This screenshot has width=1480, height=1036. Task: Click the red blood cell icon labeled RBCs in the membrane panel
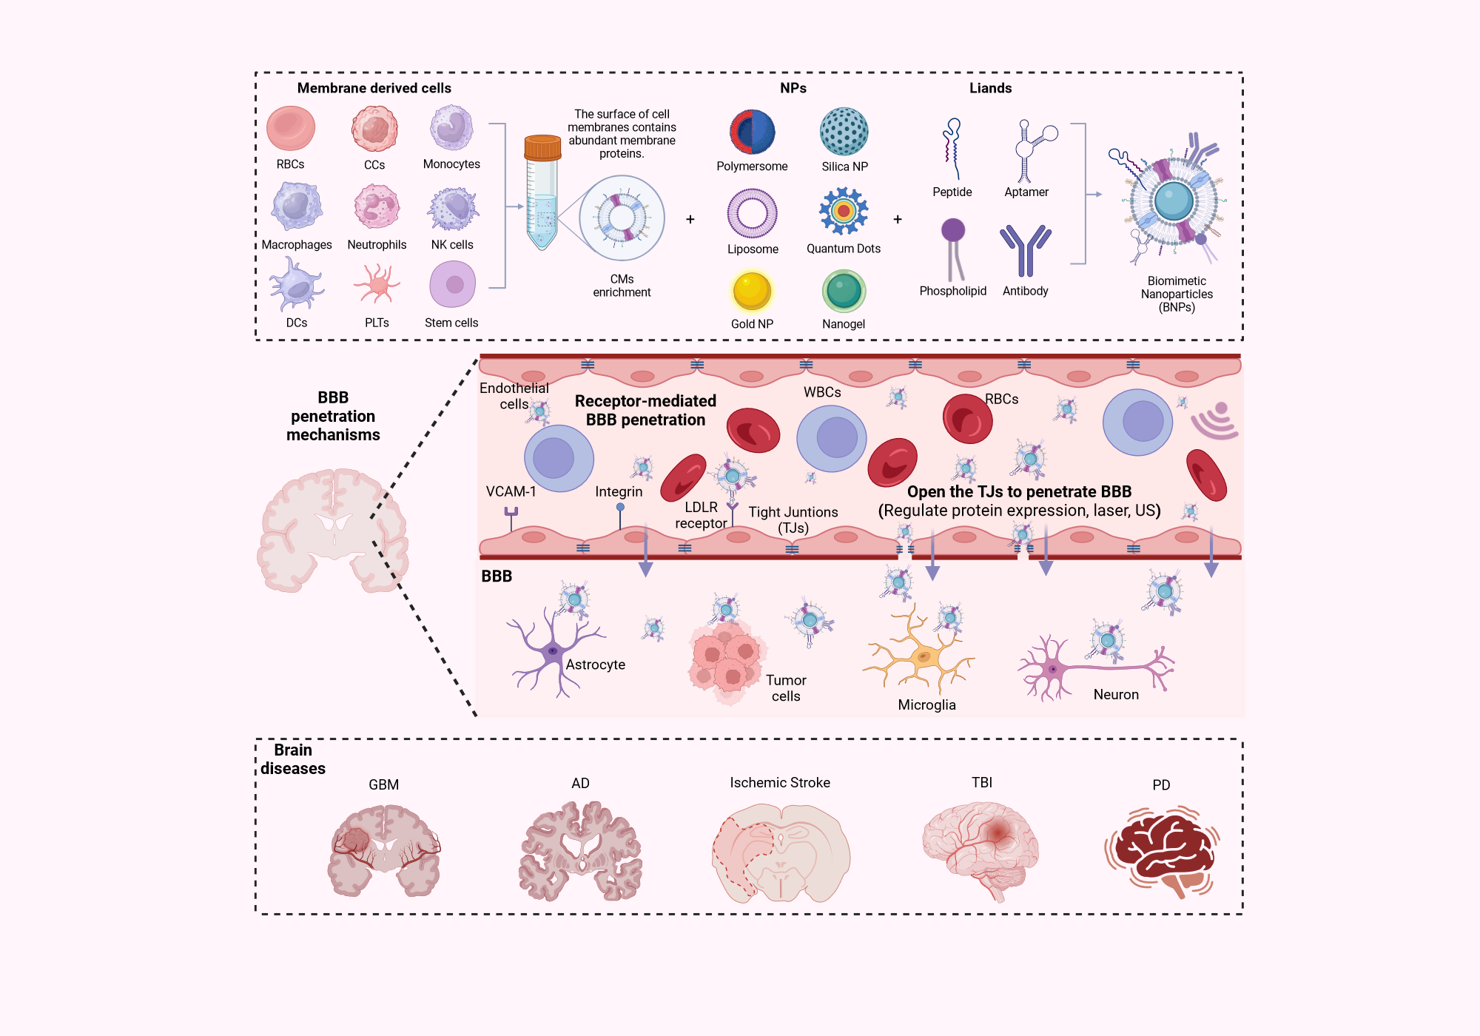(x=291, y=128)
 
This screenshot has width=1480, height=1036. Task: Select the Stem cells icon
(x=452, y=285)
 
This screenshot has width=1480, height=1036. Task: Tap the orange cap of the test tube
(x=542, y=147)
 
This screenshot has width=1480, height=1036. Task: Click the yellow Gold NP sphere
(x=752, y=290)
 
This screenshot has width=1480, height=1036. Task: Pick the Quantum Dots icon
(x=844, y=211)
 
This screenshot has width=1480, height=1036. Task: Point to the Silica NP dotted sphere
(x=844, y=132)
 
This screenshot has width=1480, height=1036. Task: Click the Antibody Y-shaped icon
(x=1025, y=249)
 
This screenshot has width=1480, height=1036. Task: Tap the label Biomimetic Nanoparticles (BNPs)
(x=1177, y=294)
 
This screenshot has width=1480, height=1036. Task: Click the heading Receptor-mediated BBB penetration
(x=645, y=411)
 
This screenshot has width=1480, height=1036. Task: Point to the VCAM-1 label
(x=511, y=491)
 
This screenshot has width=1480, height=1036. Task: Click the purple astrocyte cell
(x=551, y=651)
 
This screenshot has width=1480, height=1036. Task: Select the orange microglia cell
(x=921, y=655)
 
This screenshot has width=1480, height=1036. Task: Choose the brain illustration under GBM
(x=383, y=851)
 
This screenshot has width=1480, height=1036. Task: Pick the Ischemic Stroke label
(x=780, y=783)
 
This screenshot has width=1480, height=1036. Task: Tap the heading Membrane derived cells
(x=374, y=88)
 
